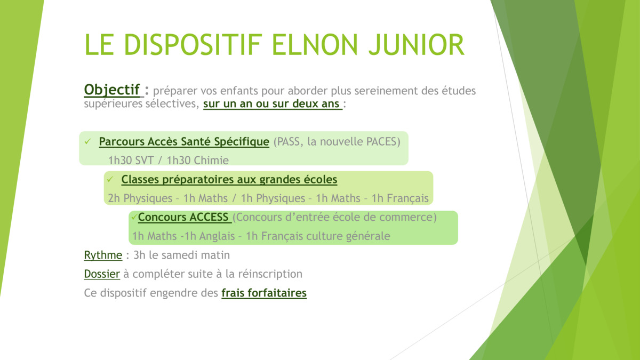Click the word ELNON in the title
point(315,45)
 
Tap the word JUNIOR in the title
point(417,45)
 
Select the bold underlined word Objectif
point(111,90)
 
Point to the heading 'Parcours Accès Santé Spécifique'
point(184,141)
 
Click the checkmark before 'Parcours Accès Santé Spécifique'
point(87,141)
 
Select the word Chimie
point(212,161)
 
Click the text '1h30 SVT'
point(131,161)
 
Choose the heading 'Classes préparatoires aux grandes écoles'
point(229,179)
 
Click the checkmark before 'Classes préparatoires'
point(110,179)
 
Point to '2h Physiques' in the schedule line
point(140,198)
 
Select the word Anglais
point(217,236)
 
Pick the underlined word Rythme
point(103,255)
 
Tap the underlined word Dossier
point(102,274)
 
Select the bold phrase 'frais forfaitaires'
point(264,293)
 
